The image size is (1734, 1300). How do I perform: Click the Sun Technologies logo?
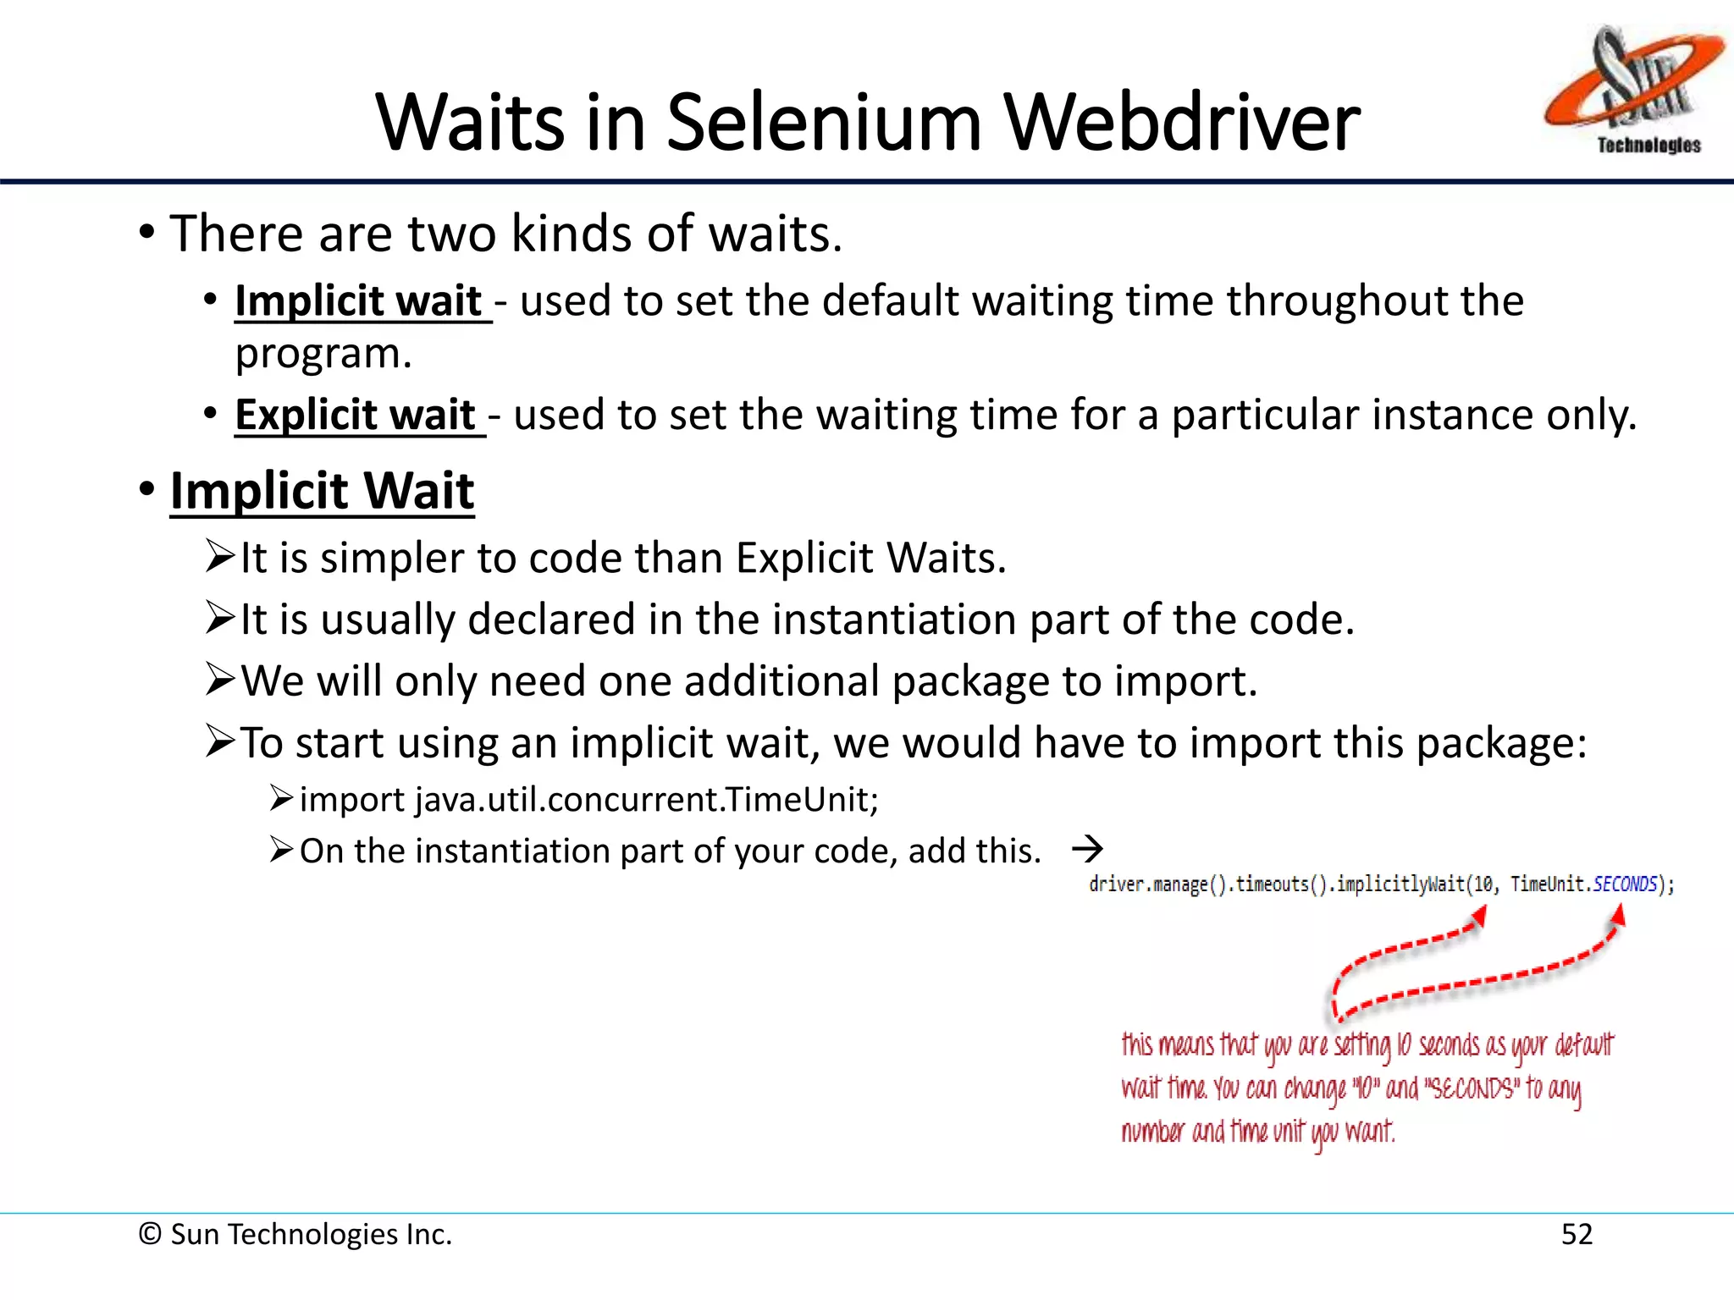1632,89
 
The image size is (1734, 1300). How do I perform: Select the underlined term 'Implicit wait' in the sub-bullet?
358,301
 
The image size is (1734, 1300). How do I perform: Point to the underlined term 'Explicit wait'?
356,415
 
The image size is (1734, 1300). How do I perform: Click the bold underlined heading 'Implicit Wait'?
322,491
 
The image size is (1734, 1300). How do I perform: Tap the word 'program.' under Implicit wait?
323,354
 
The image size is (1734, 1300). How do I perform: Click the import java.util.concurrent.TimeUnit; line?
589,800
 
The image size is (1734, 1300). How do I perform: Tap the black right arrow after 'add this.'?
1087,848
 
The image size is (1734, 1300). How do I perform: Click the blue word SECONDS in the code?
1625,884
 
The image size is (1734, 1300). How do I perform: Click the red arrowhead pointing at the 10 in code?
1480,916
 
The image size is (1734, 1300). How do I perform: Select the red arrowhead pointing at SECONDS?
1618,916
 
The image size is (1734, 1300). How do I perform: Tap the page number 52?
1577,1234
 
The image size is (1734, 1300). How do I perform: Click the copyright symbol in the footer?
150,1234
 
